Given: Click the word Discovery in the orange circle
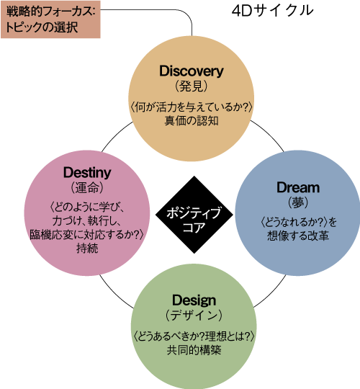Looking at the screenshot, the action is coord(191,71).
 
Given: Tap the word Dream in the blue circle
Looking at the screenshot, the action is coord(298,187).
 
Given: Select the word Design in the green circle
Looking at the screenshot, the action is coord(194,301).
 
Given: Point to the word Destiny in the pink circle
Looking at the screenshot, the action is coord(87,173).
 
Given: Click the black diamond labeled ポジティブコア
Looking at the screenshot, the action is coord(194,215).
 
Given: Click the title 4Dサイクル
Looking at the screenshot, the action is coord(272,11).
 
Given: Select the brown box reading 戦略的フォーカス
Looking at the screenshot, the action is coord(50,19).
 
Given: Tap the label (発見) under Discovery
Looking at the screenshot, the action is coord(191,86).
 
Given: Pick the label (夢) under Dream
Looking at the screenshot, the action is coord(298,202).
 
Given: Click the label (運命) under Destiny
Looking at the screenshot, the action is coord(87,187).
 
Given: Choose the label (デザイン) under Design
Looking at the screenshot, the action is coord(194,316).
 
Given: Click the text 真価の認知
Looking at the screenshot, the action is coord(192,121).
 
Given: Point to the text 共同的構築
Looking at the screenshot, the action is coord(194,350).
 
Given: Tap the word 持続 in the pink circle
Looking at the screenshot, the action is coord(87,248).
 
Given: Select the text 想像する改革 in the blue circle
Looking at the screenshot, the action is coord(298,236).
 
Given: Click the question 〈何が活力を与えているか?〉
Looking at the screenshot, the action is coord(191,107).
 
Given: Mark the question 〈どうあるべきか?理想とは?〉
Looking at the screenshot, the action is coord(194,336).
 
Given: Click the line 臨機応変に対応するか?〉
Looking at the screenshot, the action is coord(87,234).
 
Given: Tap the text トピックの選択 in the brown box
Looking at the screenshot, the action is coord(42,27).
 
